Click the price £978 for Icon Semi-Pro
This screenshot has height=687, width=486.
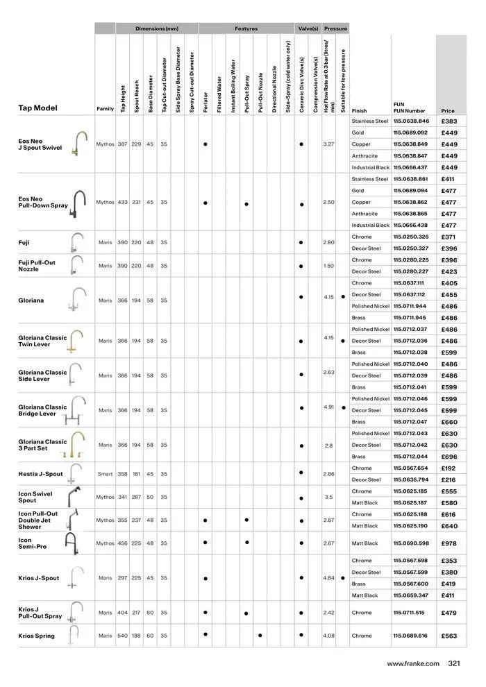pyautogui.click(x=449, y=543)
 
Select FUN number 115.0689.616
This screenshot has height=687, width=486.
pyautogui.click(x=410, y=636)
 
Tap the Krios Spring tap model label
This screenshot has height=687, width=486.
pyautogui.click(x=36, y=636)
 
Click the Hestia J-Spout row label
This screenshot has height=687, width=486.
pyautogui.click(x=40, y=474)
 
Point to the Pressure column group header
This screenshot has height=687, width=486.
pyautogui.click(x=335, y=28)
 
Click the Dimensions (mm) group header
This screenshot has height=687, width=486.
pyautogui.click(x=157, y=28)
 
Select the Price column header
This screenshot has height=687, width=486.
pyautogui.click(x=447, y=110)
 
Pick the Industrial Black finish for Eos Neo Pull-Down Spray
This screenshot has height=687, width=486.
pyautogui.click(x=370, y=226)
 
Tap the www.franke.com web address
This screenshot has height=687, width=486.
pyautogui.click(x=413, y=663)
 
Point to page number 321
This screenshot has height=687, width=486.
pyautogui.click(x=455, y=663)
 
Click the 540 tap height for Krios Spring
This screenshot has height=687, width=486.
pyautogui.click(x=122, y=636)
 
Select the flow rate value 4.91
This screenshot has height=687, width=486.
pyautogui.click(x=329, y=407)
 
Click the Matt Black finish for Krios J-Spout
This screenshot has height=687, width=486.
pyautogui.click(x=364, y=595)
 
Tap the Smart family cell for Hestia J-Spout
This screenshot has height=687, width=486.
pyautogui.click(x=105, y=474)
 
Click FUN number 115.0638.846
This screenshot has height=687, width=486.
pyautogui.click(x=410, y=121)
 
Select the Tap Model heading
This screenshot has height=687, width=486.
pyautogui.click(x=37, y=108)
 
